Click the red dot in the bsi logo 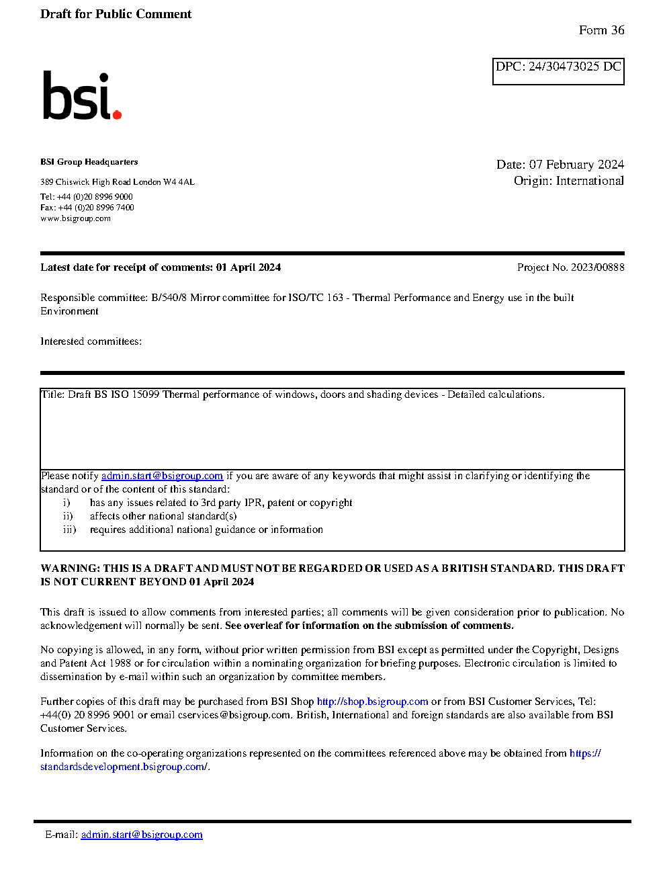tap(117, 114)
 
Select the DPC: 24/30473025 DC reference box tap(558, 71)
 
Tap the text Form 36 tap(601, 30)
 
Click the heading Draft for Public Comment tap(116, 14)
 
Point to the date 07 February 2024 tap(576, 165)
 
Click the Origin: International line tap(568, 181)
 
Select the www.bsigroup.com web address tap(75, 218)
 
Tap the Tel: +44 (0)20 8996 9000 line tap(86, 197)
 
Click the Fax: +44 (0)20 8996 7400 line tap(87, 208)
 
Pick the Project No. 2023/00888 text tap(570, 267)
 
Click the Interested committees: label tap(91, 341)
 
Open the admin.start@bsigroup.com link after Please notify tap(162, 476)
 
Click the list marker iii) tap(70, 530)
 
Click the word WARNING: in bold tap(71, 568)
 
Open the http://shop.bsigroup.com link tap(372, 702)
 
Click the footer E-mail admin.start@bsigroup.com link tap(142, 835)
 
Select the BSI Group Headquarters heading tap(89, 162)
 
